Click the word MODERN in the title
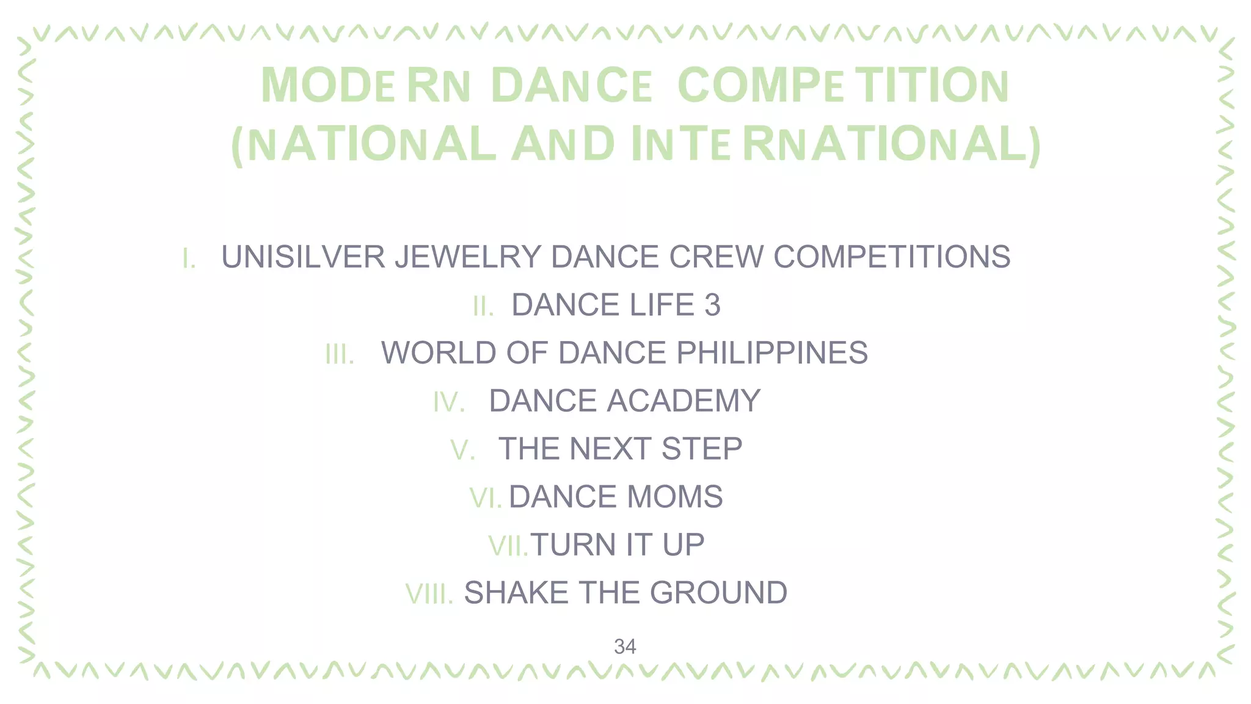click(365, 86)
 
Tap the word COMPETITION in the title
click(843, 86)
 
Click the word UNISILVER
click(303, 257)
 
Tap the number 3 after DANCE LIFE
click(712, 305)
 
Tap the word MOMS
click(675, 496)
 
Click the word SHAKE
click(517, 593)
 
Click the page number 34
click(625, 647)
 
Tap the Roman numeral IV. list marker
click(449, 402)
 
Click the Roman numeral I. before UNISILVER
click(189, 258)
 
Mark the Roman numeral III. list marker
click(340, 354)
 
